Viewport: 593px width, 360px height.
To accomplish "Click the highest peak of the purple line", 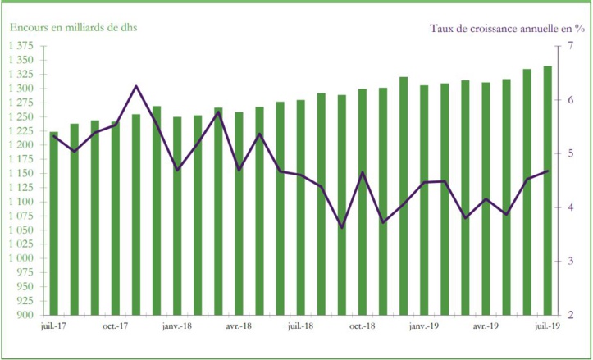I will (136, 86).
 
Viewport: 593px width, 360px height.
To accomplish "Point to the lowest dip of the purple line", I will (342, 227).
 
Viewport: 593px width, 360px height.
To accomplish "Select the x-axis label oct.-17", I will (116, 326).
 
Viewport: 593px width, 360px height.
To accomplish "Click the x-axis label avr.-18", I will (239, 326).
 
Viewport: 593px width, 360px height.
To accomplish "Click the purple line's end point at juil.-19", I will (547, 171).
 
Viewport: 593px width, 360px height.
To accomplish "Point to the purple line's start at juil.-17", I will (54, 136).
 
